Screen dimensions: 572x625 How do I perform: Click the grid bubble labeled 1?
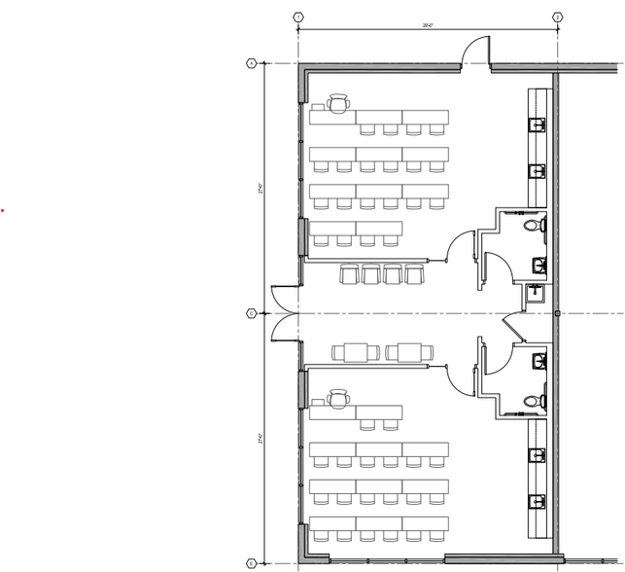[x=297, y=18]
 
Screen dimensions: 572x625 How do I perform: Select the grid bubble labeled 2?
[x=557, y=18]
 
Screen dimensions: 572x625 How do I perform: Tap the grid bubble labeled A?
[x=251, y=63]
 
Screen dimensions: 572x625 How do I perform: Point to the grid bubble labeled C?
[x=251, y=313]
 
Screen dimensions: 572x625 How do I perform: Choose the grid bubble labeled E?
[x=251, y=563]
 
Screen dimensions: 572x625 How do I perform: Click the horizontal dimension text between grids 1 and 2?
[x=427, y=25]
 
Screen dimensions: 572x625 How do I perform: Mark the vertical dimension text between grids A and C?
[x=261, y=191]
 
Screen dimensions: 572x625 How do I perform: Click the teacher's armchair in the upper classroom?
[x=338, y=101]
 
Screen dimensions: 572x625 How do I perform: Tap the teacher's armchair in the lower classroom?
[x=338, y=397]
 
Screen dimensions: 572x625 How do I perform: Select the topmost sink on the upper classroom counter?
[x=536, y=124]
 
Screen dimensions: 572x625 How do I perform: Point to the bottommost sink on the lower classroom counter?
[x=536, y=502]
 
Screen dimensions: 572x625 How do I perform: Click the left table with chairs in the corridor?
[x=352, y=352]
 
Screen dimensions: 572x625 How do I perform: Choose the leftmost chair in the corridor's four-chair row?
[x=349, y=275]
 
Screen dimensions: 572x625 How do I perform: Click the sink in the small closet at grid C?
[x=536, y=292]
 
